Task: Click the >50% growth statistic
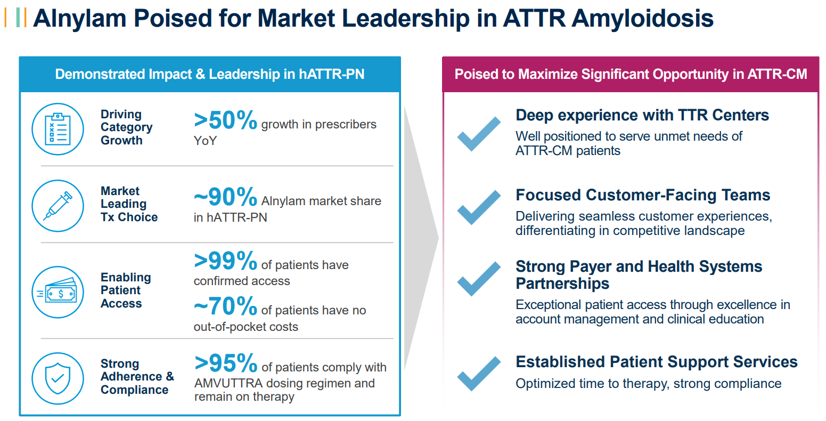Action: [225, 120]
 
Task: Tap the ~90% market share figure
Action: [225, 197]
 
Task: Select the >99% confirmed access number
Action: [225, 261]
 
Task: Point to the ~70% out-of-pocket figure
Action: [225, 306]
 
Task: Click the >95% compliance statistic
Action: [226, 363]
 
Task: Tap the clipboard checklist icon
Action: [58, 129]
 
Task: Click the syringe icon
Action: [58, 206]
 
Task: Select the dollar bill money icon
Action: [58, 292]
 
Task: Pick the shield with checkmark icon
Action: [58, 378]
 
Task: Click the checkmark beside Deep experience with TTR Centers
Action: [479, 133]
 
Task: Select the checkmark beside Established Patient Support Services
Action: [479, 373]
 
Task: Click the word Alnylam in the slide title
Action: [79, 18]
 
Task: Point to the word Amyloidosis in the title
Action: [642, 18]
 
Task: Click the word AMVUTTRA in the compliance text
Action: [228, 383]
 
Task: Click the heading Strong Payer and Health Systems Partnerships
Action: [639, 274]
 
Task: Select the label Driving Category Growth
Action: [126, 127]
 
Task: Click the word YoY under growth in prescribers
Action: [205, 141]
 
